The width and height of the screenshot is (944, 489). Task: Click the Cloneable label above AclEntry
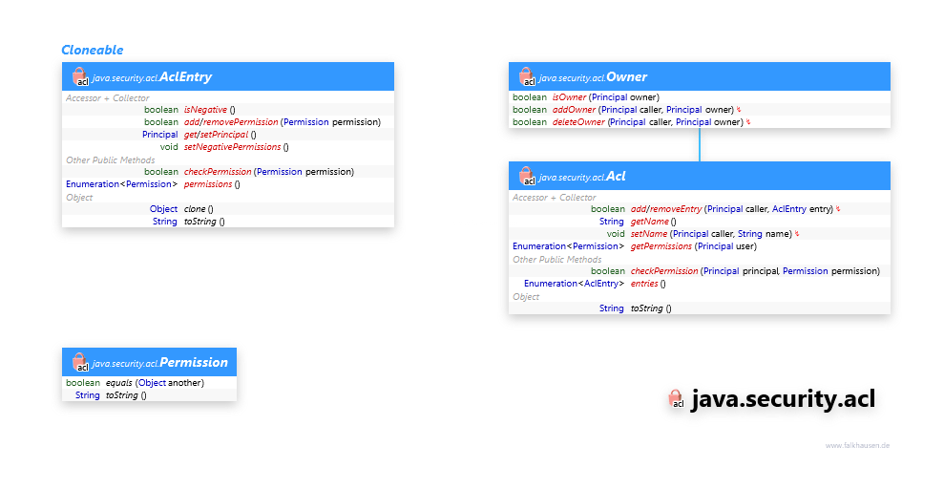click(92, 50)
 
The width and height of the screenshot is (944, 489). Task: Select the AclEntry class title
click(185, 76)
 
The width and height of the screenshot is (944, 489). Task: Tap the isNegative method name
click(205, 110)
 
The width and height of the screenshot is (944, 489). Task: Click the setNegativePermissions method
click(232, 147)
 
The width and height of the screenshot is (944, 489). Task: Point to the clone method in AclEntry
click(195, 209)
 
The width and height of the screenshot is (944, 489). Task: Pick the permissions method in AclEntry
click(207, 184)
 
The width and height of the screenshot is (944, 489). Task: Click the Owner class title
click(626, 76)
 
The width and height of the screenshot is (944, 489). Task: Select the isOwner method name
click(569, 97)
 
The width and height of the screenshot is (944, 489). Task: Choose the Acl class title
click(615, 176)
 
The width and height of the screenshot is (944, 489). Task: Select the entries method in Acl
click(644, 284)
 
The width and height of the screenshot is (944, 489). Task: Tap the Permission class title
click(193, 362)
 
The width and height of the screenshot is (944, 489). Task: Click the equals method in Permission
click(118, 383)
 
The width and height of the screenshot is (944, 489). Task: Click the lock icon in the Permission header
click(80, 363)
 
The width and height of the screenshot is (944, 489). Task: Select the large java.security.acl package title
click(782, 400)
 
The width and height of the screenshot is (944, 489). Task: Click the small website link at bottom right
click(857, 445)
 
